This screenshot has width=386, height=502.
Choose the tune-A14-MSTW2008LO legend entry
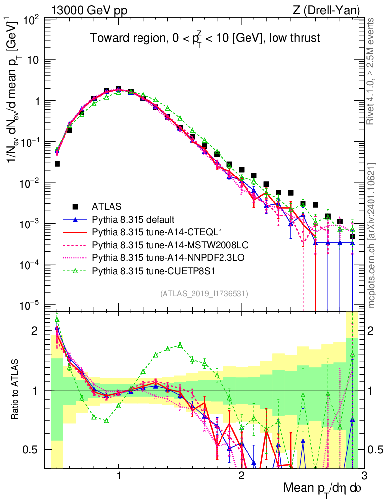point(158,244)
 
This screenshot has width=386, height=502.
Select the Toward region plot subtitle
point(205,38)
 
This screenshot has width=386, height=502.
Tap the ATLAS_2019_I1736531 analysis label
point(204,294)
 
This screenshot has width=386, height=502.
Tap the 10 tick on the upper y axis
point(32,60)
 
